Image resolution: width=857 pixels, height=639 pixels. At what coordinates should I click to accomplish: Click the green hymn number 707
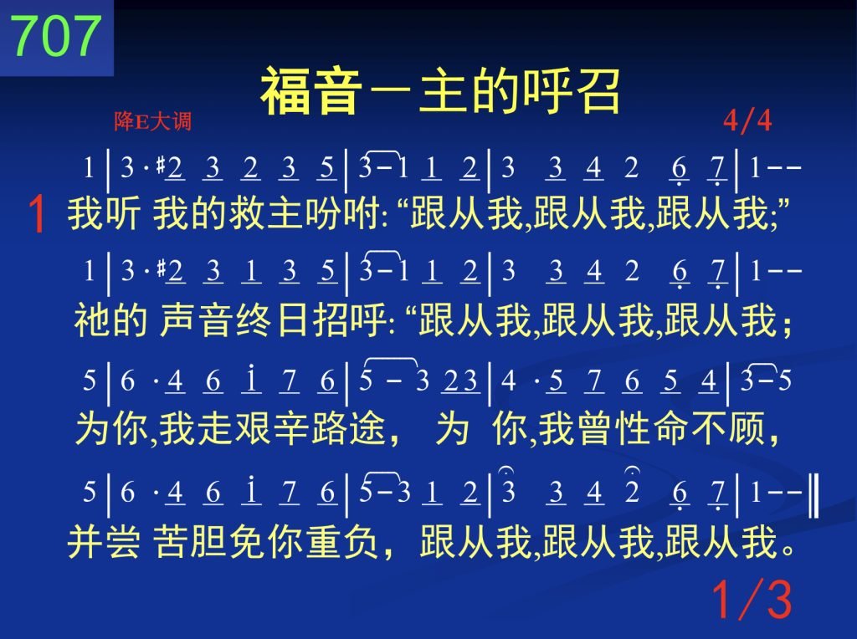point(56,35)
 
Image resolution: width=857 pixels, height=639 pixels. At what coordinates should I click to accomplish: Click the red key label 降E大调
point(152,120)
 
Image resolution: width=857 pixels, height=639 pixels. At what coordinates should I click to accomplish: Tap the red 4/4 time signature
point(747,120)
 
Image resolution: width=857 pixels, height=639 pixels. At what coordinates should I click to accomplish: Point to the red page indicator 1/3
point(752,599)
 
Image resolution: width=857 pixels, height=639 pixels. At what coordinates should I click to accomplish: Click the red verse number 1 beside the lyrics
point(37,214)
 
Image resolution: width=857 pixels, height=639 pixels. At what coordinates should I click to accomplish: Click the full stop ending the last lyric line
point(788,550)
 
